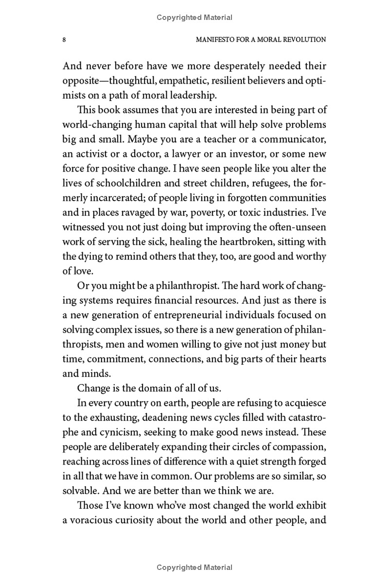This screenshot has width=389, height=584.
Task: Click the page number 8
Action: click(x=64, y=39)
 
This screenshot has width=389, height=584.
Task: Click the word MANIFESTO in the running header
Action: click(x=216, y=39)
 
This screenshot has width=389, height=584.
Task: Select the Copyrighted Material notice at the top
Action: click(x=194, y=17)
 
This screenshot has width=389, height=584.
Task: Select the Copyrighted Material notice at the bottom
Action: click(x=194, y=567)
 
